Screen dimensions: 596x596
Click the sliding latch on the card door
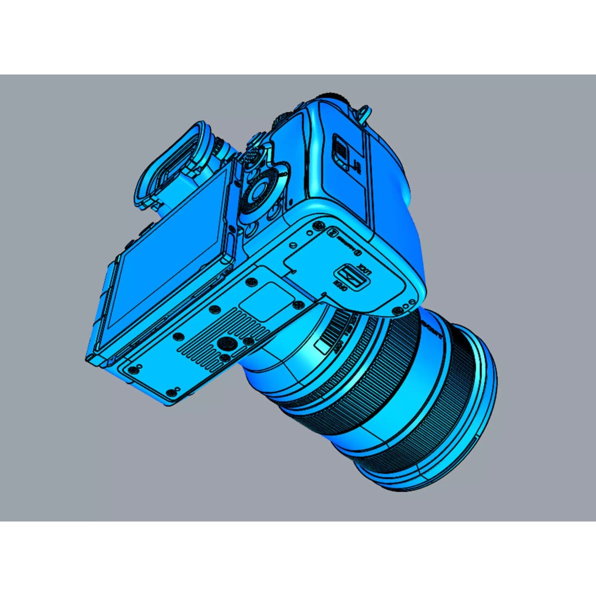(340, 147)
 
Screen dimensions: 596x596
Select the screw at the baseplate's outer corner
(173, 392)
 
